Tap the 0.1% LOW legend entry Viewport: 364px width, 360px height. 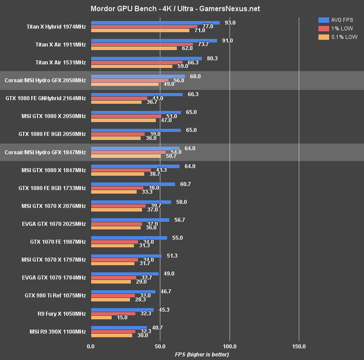pyautogui.click(x=338, y=37)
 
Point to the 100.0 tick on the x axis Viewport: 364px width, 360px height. pyautogui.click(x=230, y=346)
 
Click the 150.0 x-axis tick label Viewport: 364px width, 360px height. pyautogui.click(x=299, y=346)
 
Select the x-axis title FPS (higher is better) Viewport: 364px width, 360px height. pyautogui.click(x=201, y=355)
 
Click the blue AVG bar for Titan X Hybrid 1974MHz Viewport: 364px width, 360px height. pyautogui.click(x=155, y=23)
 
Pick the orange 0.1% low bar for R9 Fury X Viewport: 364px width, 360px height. pyautogui.click(x=101, y=318)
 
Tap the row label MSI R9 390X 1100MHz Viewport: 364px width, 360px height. pyautogui.click(x=54, y=331)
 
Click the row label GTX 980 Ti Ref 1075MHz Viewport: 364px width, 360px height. pyautogui.click(x=55, y=296)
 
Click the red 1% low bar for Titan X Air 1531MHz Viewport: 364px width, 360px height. pyautogui.click(x=137, y=63)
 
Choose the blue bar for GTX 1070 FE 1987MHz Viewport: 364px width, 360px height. pyautogui.click(x=129, y=238)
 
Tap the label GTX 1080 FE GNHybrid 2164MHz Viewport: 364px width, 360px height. pyautogui.click(x=46, y=98)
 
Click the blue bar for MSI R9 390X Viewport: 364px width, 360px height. pyautogui.click(x=119, y=328)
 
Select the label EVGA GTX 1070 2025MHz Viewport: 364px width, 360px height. pyautogui.click(x=54, y=224)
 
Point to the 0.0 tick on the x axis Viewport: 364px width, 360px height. pyautogui.click(x=91, y=346)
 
